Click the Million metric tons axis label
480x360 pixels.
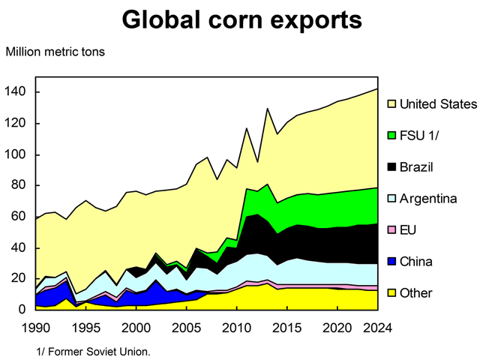[x=55, y=52]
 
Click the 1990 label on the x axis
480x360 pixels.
[x=35, y=328]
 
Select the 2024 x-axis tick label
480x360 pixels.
[x=376, y=328]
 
